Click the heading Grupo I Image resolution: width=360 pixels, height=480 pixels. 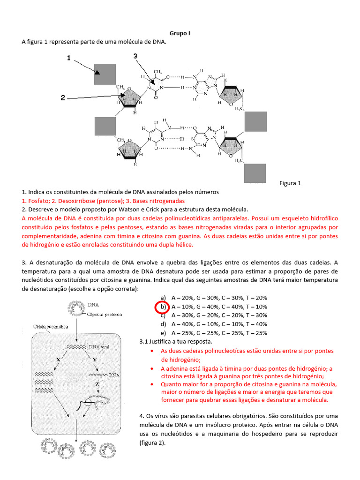[180, 33]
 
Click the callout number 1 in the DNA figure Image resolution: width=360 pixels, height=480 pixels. [68, 58]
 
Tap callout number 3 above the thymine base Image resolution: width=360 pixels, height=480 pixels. [135, 56]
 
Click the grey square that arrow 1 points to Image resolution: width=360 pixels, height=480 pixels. [105, 74]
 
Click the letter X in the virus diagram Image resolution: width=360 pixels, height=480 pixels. [58, 359]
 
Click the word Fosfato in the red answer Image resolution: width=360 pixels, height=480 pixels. [38, 200]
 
